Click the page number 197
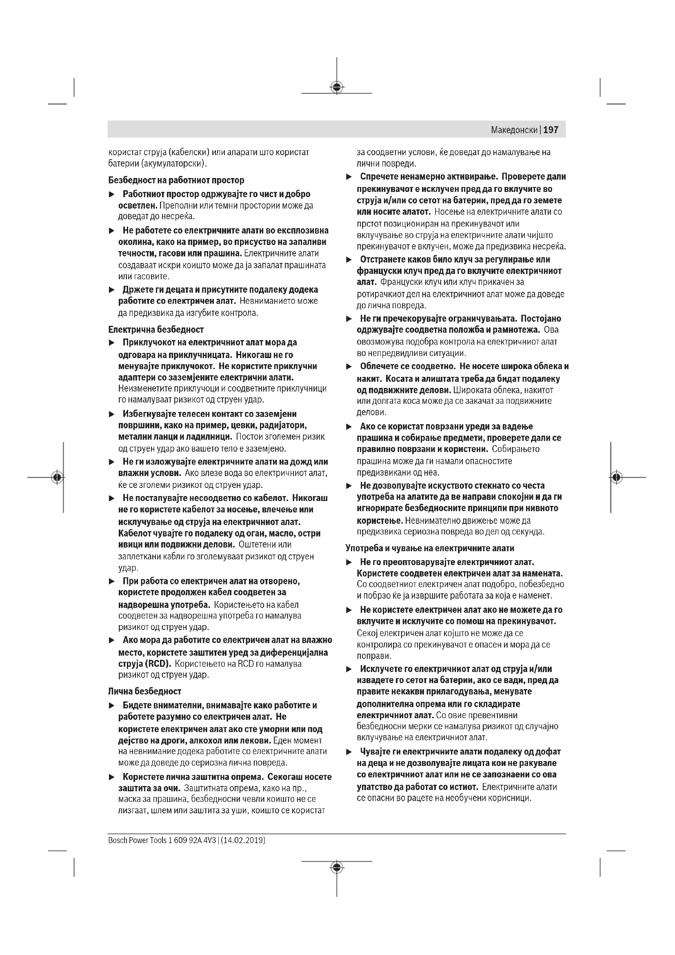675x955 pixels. pos(551,130)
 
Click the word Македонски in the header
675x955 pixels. pos(514,130)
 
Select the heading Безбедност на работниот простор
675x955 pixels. pos(176,180)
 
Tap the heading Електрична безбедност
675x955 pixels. pos(156,329)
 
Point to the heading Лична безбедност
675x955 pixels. pos(144,691)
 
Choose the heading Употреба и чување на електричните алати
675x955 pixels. pos(430,548)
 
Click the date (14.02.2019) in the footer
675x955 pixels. pos(243,840)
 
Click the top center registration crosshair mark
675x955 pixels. pos(337,87)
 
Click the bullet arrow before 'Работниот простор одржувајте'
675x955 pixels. pos(111,195)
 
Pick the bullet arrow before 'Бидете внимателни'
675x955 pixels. pos(111,706)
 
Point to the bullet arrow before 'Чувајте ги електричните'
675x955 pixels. pos(349,752)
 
